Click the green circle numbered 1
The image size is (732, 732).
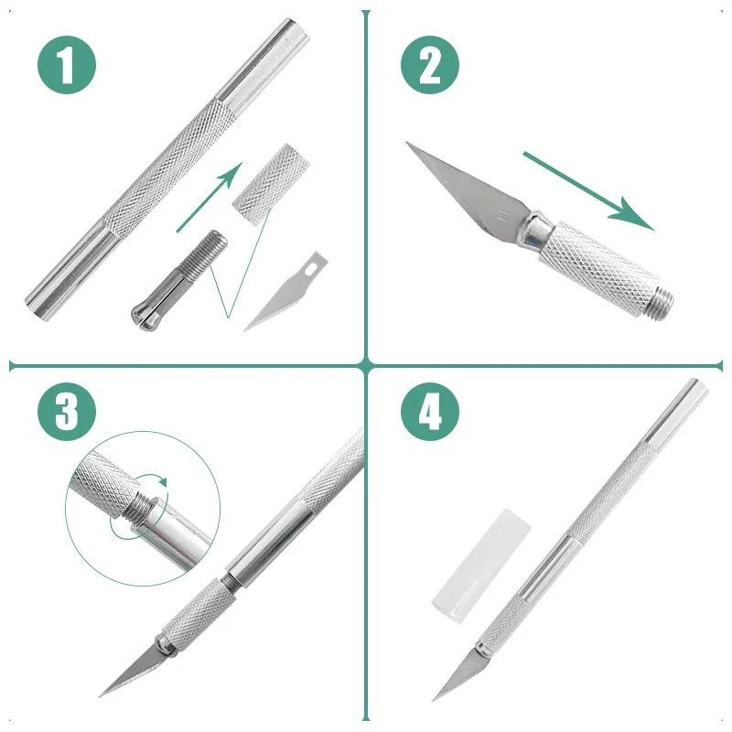(67, 65)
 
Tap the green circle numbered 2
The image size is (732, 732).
(430, 65)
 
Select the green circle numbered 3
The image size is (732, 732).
(67, 411)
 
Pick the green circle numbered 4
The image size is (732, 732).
(430, 411)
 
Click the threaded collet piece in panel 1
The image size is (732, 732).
(179, 277)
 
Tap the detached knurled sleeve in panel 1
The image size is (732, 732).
(271, 184)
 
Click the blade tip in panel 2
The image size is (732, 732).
(407, 143)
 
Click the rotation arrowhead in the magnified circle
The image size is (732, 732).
(163, 481)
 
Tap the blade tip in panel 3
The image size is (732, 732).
(100, 696)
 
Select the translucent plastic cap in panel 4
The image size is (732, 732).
(481, 564)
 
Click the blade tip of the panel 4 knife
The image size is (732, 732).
(433, 700)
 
